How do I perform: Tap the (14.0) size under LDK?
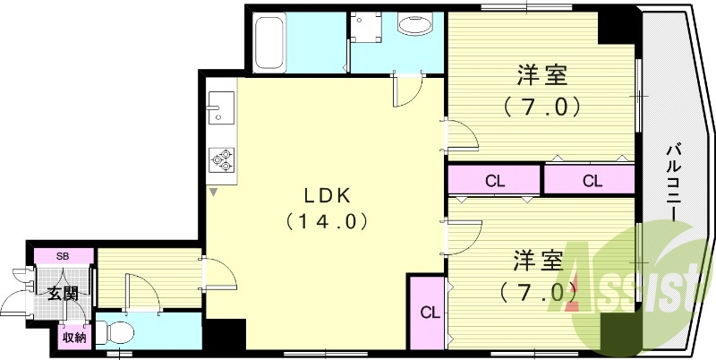click(x=324, y=219)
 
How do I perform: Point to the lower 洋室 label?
click(x=538, y=263)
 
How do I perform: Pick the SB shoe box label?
click(x=62, y=256)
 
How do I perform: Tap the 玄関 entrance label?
click(x=63, y=293)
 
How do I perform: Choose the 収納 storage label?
click(x=73, y=338)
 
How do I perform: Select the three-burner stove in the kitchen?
click(x=221, y=159)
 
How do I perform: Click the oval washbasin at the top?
click(x=413, y=24)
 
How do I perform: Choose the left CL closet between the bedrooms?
click(x=495, y=180)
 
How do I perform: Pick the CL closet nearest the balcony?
click(x=592, y=180)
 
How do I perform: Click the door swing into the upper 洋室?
click(x=461, y=134)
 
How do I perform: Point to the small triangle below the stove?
click(x=214, y=191)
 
